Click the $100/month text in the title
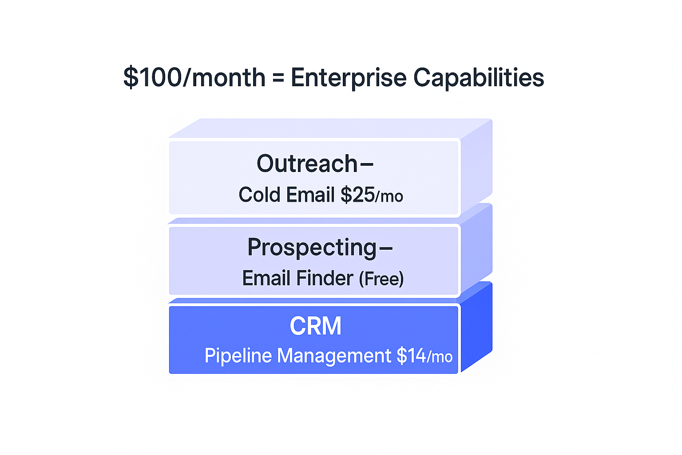[x=194, y=77]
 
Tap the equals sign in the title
[x=278, y=78]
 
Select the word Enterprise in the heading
[x=349, y=78]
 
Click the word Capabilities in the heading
[x=479, y=78]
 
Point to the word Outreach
[x=307, y=164]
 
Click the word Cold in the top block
[x=259, y=195]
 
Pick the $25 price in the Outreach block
[x=358, y=195]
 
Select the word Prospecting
[x=312, y=248]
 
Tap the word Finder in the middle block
[x=325, y=278]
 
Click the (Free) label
[x=381, y=278]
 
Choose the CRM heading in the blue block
[x=315, y=326]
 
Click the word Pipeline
[x=238, y=355]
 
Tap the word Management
[x=334, y=356]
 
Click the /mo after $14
[x=440, y=356]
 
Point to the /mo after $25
[x=389, y=196]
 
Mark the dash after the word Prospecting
[x=386, y=248]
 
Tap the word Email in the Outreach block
[x=310, y=195]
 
